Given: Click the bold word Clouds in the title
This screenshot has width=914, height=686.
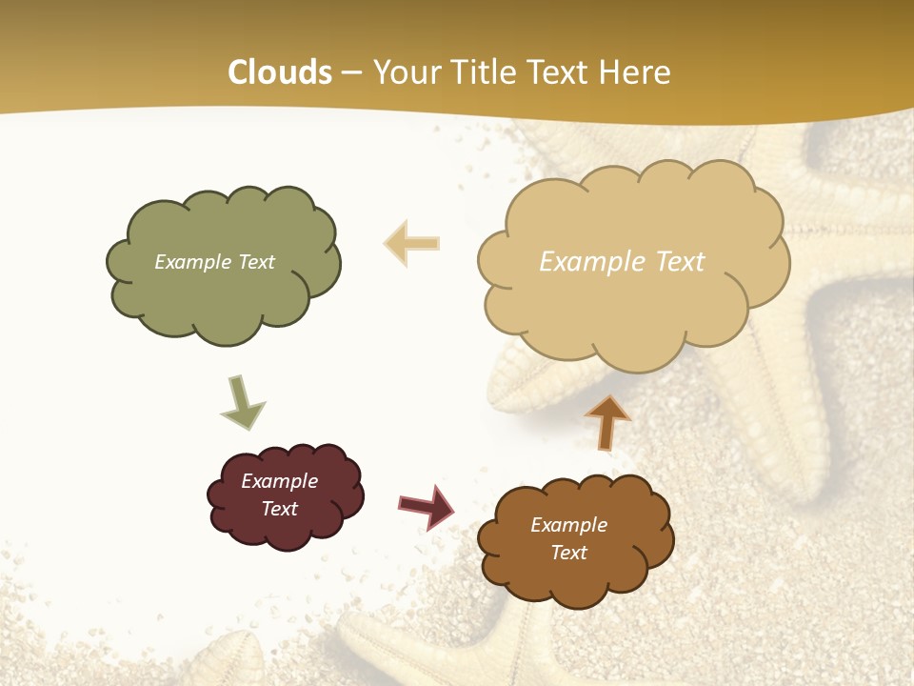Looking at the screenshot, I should point(280,72).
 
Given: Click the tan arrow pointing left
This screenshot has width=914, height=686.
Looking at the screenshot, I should point(412,243).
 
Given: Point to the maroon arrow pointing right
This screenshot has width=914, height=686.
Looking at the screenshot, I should point(427,506).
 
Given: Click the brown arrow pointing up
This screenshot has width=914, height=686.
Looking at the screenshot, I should point(607,422).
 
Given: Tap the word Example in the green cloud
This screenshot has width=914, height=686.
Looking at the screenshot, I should point(193,262).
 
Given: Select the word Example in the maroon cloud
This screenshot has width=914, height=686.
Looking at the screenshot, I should point(279,481).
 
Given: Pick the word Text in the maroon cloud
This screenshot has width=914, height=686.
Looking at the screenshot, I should point(279,509).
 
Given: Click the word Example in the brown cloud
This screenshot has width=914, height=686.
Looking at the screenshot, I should point(568,525).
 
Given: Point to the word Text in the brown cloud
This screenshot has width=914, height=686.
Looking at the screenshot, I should point(568,553).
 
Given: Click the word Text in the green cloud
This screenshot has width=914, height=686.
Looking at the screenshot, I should point(256,262).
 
